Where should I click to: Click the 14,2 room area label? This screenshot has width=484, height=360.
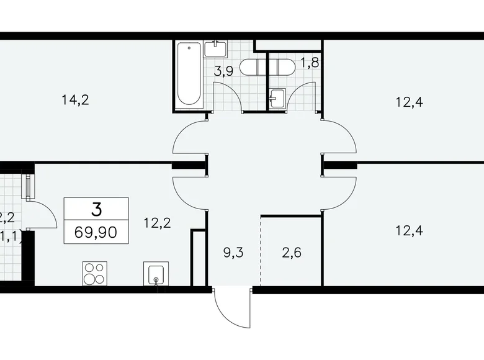[76, 99]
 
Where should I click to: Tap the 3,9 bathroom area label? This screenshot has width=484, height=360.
[224, 71]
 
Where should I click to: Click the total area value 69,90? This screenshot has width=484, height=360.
[96, 234]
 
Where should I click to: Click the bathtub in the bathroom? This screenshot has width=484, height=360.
[189, 74]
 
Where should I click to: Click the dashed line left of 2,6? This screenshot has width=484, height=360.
[261, 248]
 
